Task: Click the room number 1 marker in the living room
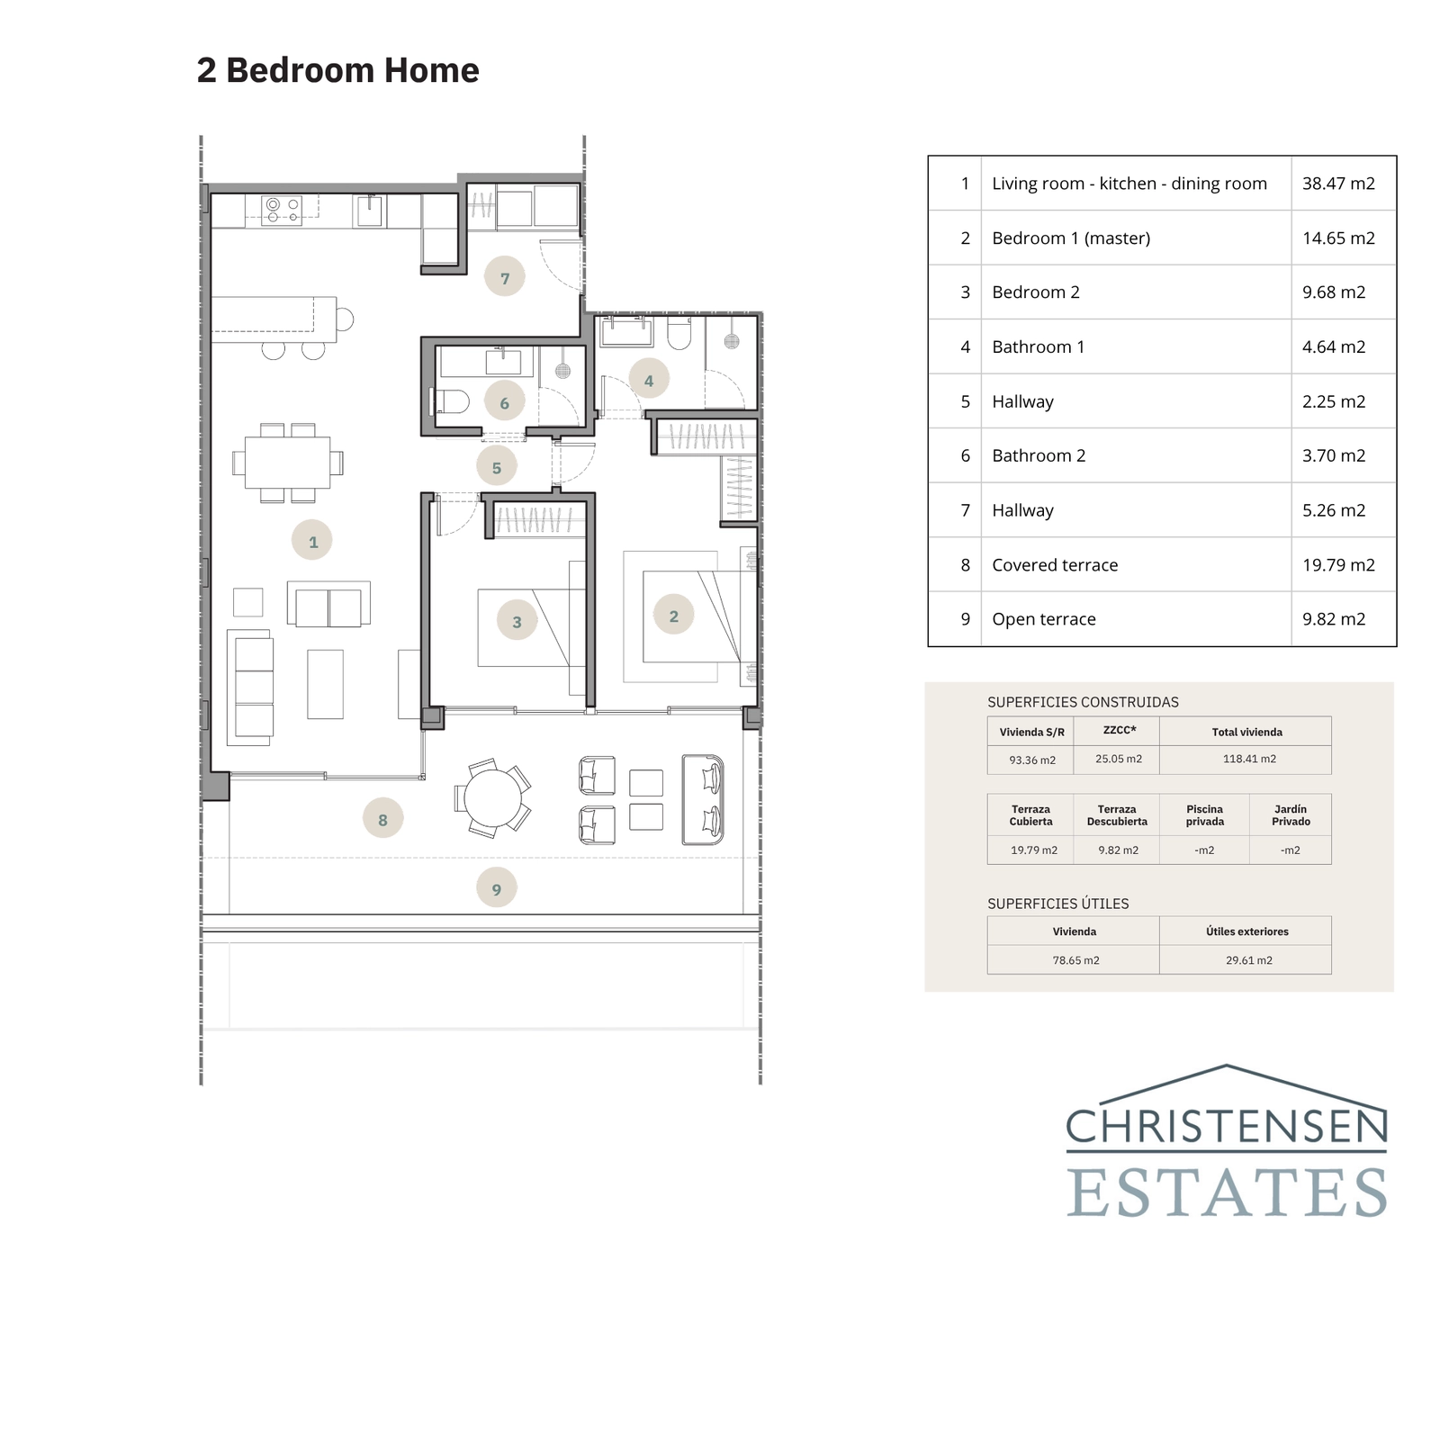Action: tap(312, 541)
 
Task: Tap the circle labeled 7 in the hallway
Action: tap(504, 278)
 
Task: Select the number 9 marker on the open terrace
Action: tap(496, 889)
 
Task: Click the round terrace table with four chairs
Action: tap(492, 798)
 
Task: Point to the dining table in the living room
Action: tap(288, 463)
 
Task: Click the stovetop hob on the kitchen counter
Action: tap(282, 210)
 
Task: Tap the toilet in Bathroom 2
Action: tap(450, 401)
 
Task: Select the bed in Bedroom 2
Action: tap(524, 627)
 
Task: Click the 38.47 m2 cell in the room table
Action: tap(1338, 184)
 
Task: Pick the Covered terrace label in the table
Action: tap(1055, 565)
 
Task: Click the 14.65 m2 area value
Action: tap(1338, 238)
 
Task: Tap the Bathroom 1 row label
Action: tap(1038, 347)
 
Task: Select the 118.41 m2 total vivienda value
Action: tap(1249, 759)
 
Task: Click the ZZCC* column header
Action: tap(1119, 730)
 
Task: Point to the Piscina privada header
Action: tap(1204, 815)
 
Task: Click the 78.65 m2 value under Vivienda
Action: tap(1075, 960)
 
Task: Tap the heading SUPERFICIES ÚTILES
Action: tap(1057, 904)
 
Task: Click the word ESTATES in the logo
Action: tap(1226, 1192)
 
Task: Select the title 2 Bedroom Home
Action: tap(337, 70)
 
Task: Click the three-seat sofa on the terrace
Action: tap(703, 799)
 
